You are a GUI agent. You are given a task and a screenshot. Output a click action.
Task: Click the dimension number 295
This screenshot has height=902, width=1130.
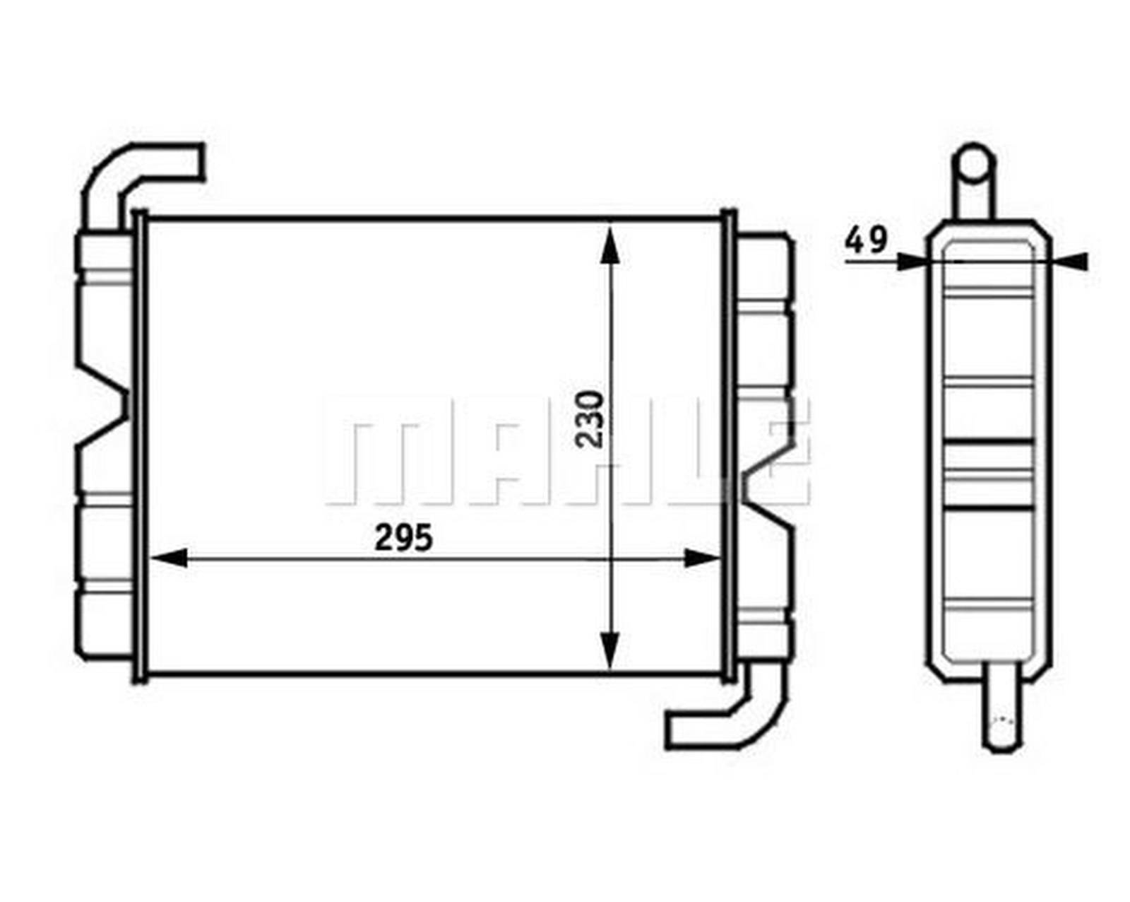(x=403, y=539)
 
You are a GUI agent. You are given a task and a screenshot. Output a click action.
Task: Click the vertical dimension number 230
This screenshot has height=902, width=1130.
(x=590, y=419)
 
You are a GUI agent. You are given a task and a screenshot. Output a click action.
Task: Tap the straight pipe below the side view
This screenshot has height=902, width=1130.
(x=1003, y=707)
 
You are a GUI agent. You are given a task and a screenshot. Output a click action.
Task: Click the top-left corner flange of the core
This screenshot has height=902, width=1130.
(x=140, y=216)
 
